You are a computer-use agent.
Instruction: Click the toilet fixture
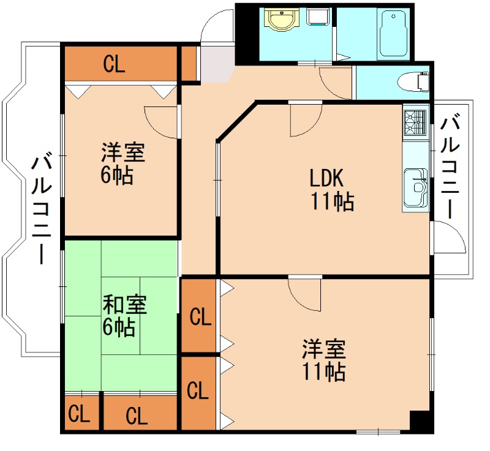413,81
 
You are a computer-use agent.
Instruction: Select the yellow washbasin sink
281,20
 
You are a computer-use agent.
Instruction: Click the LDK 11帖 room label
331,189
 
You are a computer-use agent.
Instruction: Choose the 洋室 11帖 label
323,360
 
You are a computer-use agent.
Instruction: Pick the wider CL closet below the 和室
137,416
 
